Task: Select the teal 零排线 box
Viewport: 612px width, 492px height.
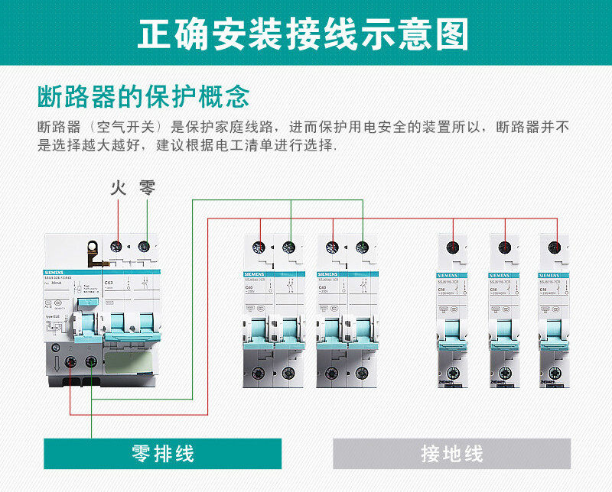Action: [162, 453]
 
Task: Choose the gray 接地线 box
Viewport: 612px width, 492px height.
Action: [451, 453]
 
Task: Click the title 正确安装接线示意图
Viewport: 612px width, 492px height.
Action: [305, 34]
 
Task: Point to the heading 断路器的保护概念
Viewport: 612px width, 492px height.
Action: [144, 97]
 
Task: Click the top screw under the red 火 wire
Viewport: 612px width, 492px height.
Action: [118, 246]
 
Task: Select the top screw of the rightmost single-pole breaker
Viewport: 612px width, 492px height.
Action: [556, 247]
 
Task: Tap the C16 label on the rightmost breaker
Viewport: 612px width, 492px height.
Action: [543, 290]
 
